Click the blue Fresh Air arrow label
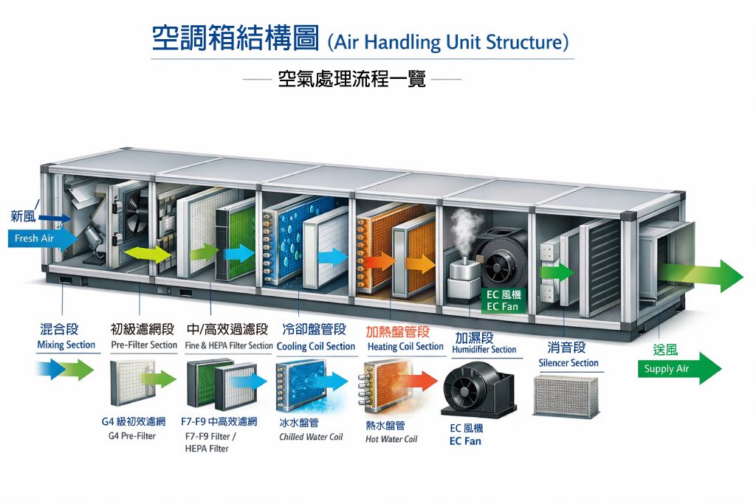(x=41, y=238)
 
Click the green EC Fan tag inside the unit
(x=502, y=300)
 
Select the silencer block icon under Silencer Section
(x=566, y=396)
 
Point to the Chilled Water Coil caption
(x=311, y=437)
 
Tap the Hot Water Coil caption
(x=391, y=439)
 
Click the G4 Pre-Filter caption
(x=131, y=436)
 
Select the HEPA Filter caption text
(x=207, y=449)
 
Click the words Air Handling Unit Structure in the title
(x=448, y=42)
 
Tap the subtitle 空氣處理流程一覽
(x=352, y=78)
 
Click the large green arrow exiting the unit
(x=701, y=276)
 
